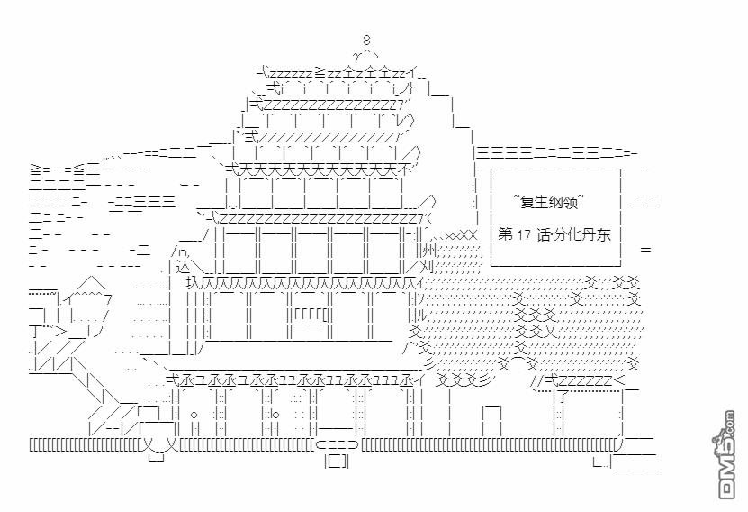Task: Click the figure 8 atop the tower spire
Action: [365, 41]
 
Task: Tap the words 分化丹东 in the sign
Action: [582, 235]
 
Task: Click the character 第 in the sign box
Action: [505, 234]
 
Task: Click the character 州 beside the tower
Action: [429, 250]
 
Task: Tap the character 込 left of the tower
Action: [184, 266]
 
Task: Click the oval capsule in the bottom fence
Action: [337, 444]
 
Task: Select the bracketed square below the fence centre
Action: [337, 462]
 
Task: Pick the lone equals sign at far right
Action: [645, 250]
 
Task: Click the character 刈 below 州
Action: [429, 266]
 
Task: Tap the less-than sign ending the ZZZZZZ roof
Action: [618, 380]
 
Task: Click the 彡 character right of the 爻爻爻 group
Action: [483, 380]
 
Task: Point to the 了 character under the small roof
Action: [563, 397]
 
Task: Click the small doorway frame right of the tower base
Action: [491, 420]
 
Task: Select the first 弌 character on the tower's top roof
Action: [263, 72]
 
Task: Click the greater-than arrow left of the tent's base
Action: [61, 332]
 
